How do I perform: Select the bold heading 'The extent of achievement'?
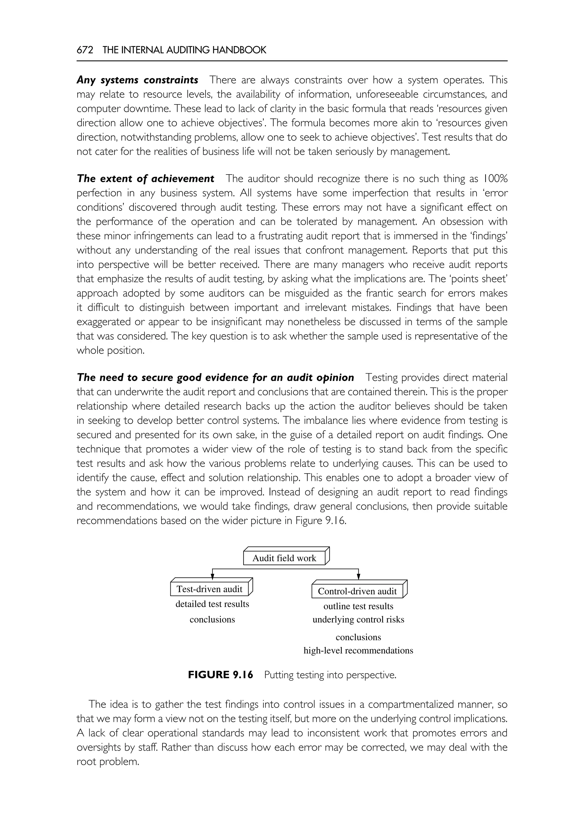coord(145,178)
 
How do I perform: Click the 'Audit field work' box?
coord(284,558)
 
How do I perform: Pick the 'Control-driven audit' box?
coord(357,591)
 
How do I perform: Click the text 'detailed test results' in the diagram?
coord(212,604)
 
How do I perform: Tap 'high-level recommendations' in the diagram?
coord(358,650)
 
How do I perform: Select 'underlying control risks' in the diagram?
coord(358,620)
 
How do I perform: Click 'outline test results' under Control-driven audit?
coord(358,606)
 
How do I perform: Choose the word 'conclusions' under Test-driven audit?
coord(212,620)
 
